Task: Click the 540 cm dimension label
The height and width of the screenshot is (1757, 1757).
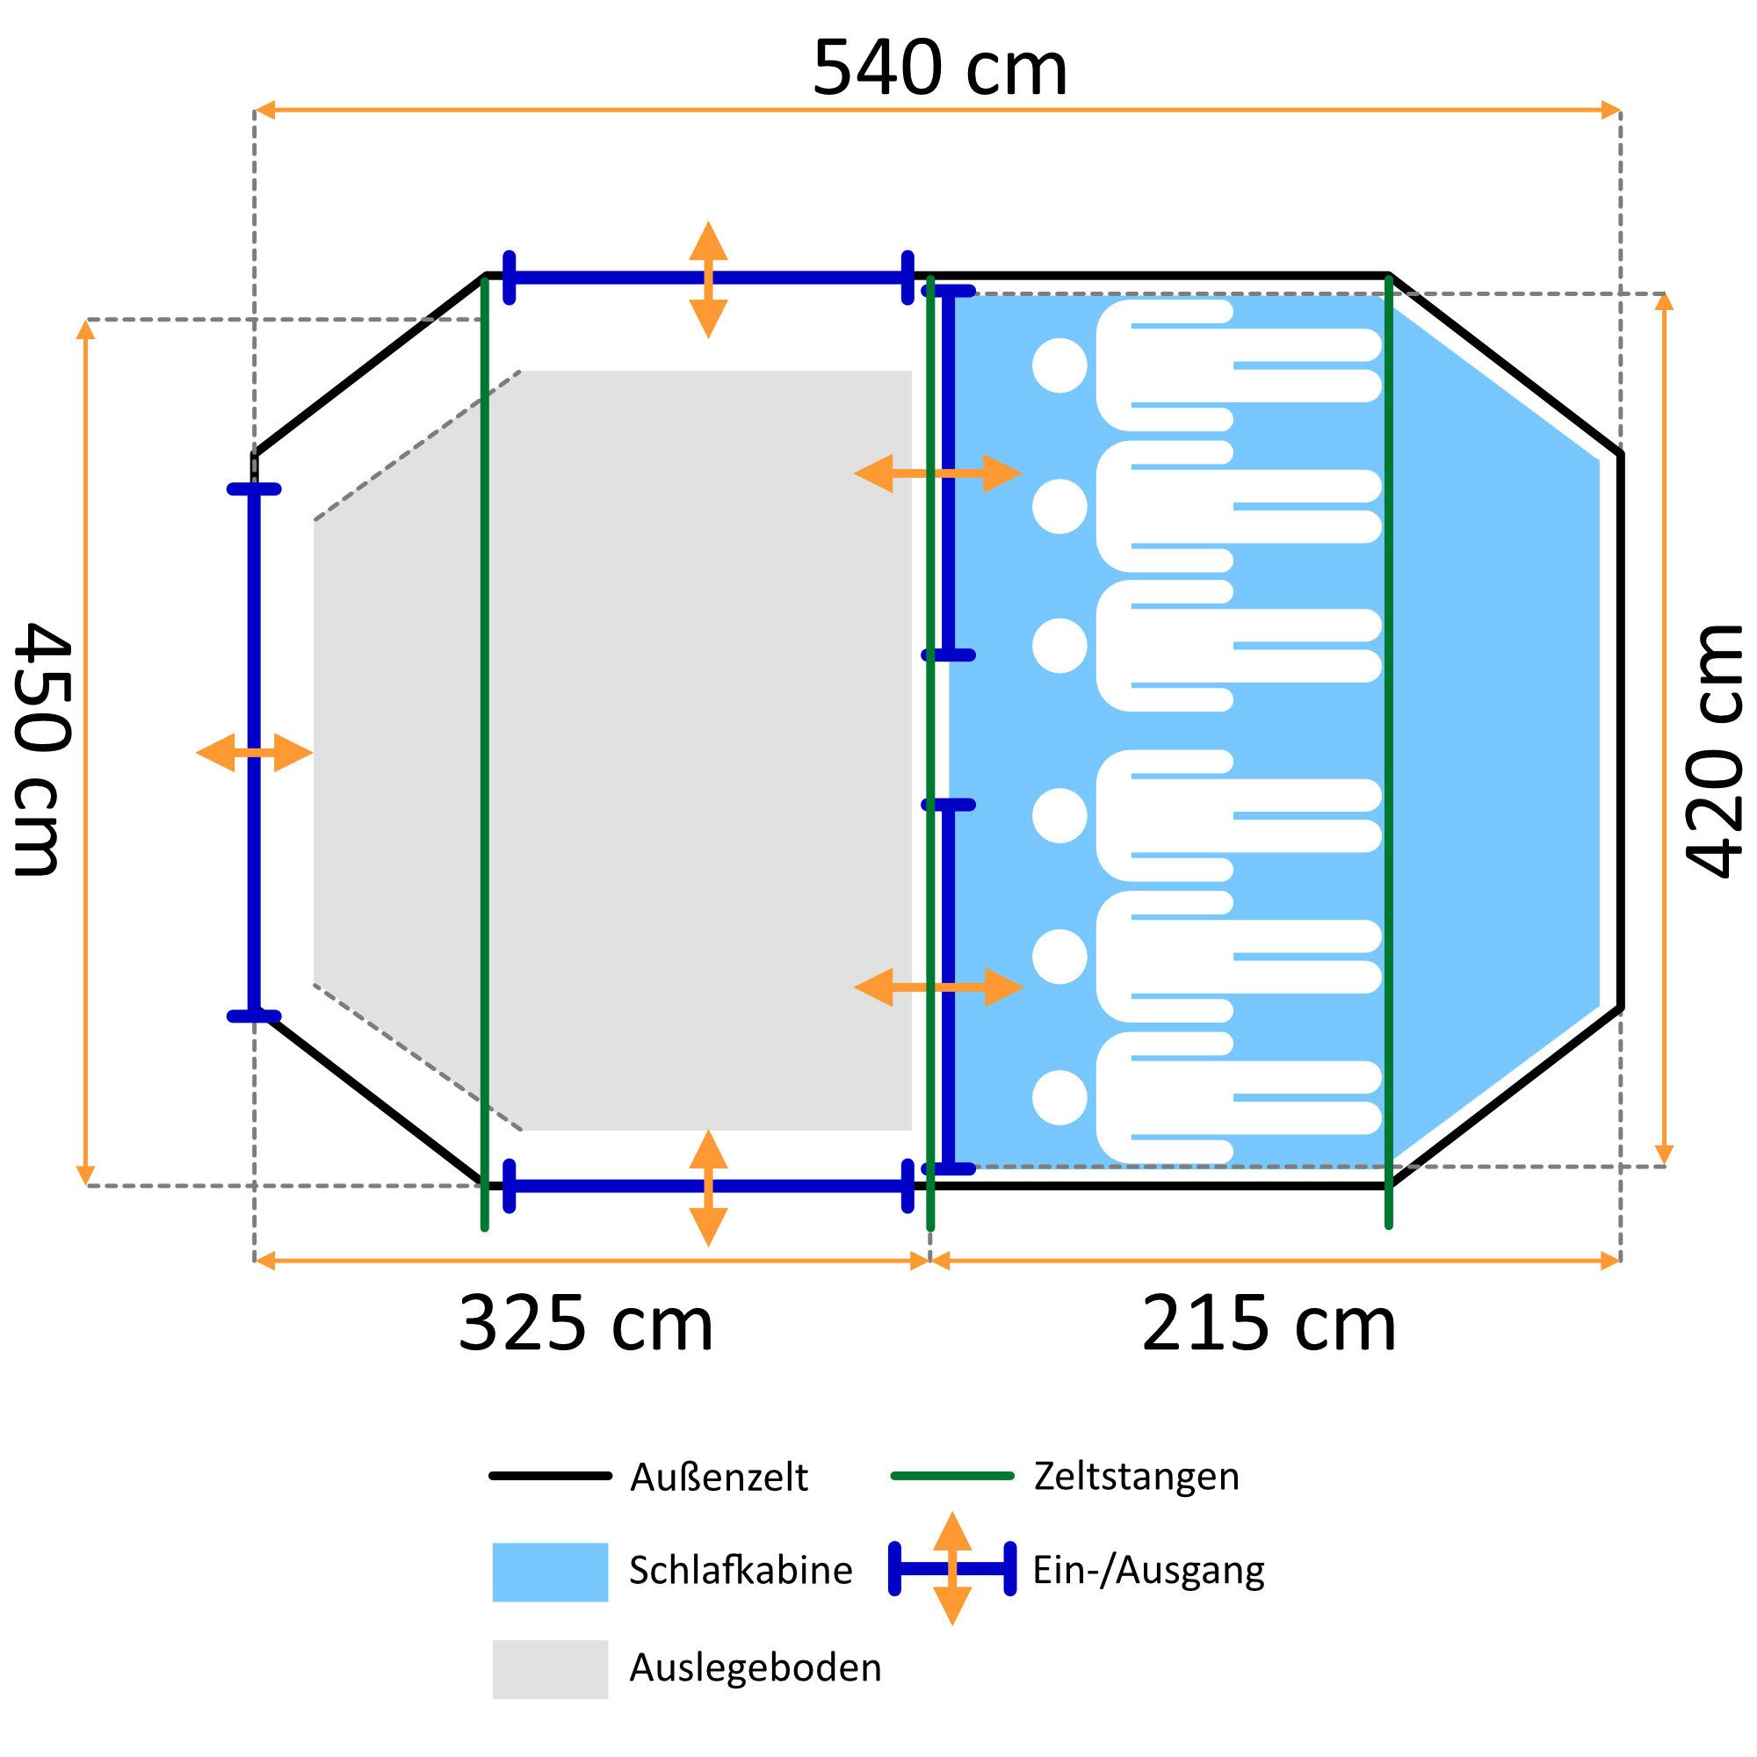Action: pyautogui.click(x=939, y=69)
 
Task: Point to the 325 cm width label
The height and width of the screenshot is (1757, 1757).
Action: pyautogui.click(x=586, y=1325)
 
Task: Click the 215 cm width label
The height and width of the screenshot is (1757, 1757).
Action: pyautogui.click(x=1269, y=1325)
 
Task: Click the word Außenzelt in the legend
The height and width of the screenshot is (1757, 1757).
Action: pyautogui.click(x=719, y=1477)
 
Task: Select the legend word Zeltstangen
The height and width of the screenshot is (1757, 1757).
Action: pyautogui.click(x=1137, y=1476)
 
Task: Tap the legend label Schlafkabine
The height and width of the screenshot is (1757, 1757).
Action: pyautogui.click(x=741, y=1571)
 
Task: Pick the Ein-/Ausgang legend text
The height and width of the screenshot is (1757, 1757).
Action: pyautogui.click(x=1148, y=1571)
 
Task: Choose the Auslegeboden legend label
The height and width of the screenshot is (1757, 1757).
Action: pyautogui.click(x=756, y=1667)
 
